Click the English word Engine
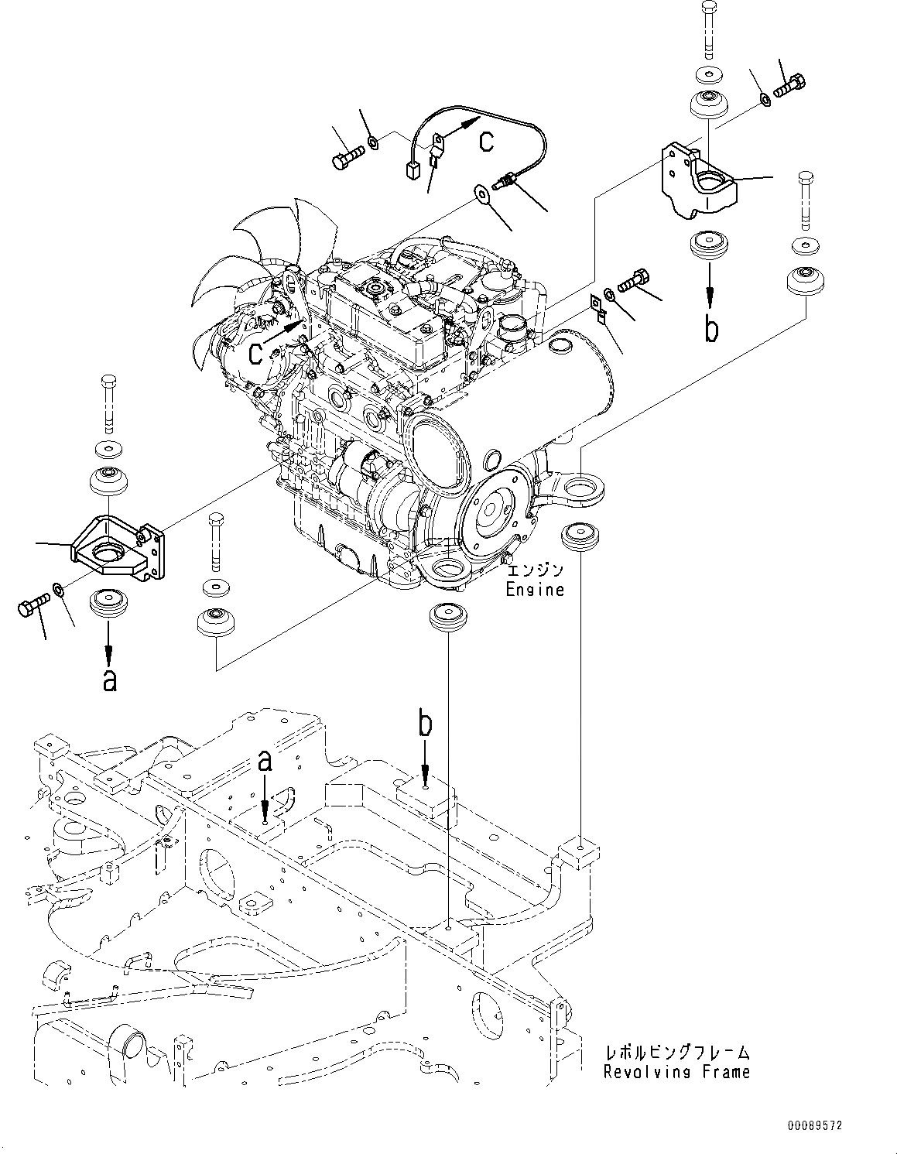point(535,590)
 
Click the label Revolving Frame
point(677,1072)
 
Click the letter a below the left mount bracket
point(109,680)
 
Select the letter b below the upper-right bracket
point(710,328)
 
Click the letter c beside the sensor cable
point(486,141)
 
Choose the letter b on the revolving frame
point(425,724)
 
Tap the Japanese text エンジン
point(535,570)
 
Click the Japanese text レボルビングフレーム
point(677,1053)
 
